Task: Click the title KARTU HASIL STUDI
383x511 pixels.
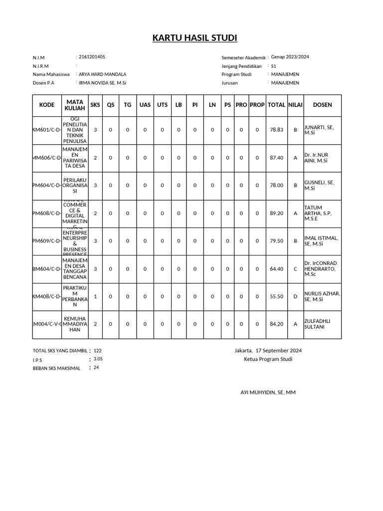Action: click(195, 39)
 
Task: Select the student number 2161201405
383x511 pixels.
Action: click(92, 57)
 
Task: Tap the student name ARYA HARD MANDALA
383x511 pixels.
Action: click(102, 74)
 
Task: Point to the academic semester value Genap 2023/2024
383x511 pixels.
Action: click(290, 57)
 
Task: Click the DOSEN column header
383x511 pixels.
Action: click(322, 105)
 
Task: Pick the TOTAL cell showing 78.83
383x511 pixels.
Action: click(276, 130)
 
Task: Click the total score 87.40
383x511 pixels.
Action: click(276, 158)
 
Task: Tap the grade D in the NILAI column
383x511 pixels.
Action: click(295, 296)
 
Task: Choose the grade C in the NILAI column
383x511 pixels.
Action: click(295, 269)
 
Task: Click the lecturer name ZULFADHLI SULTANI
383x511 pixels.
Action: click(317, 324)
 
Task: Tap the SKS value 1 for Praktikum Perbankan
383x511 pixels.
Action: click(95, 296)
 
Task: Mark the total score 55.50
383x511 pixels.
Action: click(276, 296)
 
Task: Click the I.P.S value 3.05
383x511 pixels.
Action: click(98, 359)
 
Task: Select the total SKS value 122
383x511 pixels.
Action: click(97, 351)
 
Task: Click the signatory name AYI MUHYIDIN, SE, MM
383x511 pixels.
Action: click(268, 393)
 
